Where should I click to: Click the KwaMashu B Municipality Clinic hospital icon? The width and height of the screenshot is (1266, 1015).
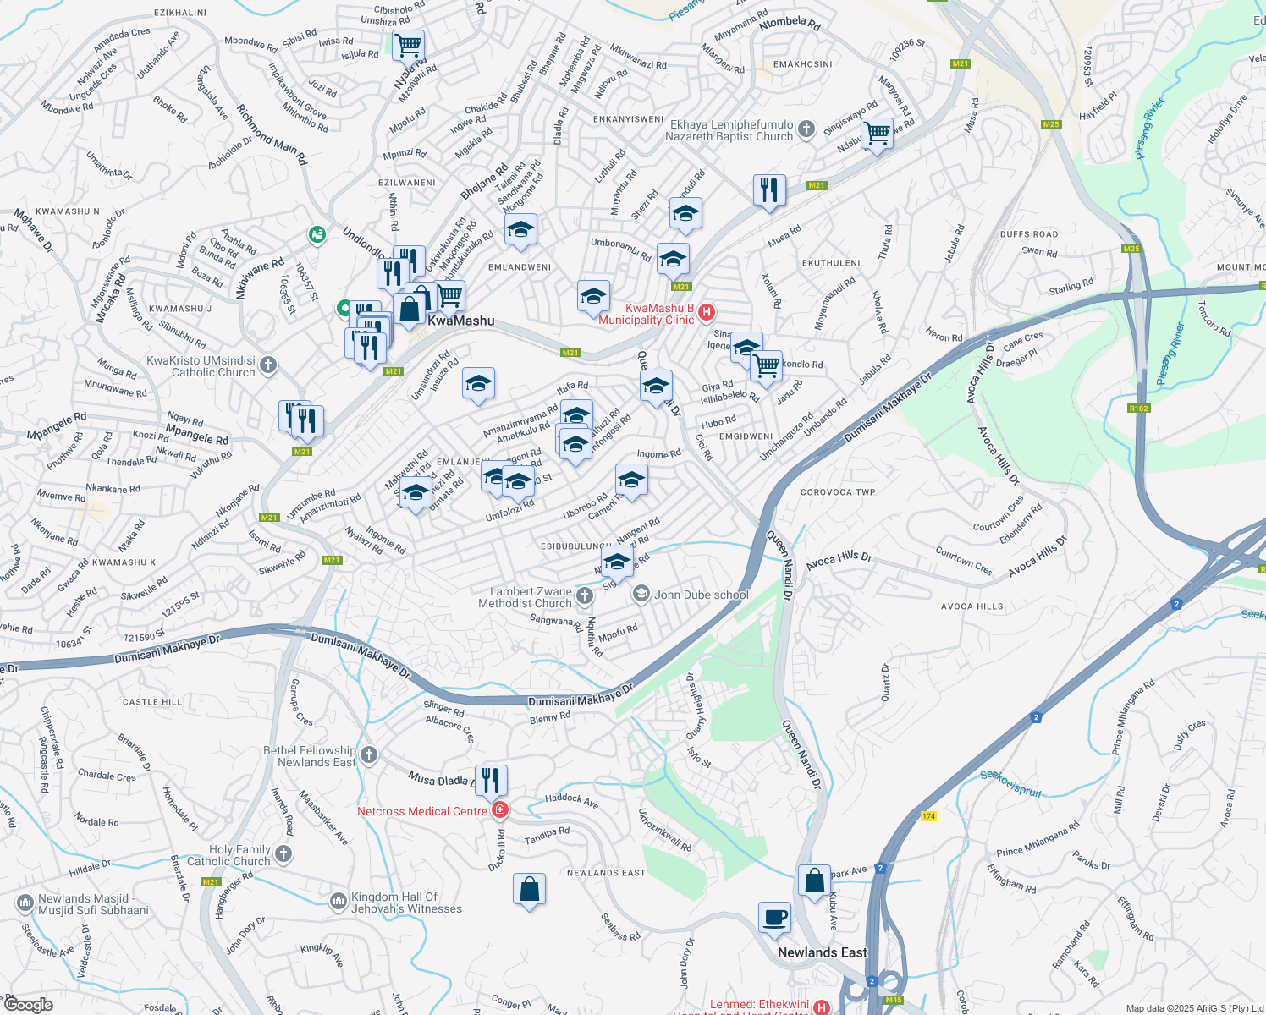point(707,314)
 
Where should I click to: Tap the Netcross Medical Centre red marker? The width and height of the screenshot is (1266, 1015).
point(500,811)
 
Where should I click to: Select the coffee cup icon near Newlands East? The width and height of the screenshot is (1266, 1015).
point(774,917)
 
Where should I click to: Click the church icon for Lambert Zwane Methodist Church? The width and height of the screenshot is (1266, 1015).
point(584,597)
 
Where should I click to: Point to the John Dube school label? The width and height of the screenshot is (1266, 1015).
point(701,595)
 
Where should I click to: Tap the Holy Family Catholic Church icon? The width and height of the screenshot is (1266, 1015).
point(283,854)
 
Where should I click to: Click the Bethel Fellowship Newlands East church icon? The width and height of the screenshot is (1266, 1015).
point(368,755)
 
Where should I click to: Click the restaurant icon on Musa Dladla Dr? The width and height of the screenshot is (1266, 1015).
point(491,780)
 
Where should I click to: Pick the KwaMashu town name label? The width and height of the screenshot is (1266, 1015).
point(460,321)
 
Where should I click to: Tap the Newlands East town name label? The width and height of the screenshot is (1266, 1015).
point(822,952)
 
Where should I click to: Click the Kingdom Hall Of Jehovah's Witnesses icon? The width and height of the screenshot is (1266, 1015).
point(339,902)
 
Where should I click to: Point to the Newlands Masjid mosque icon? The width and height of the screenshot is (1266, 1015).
point(25,903)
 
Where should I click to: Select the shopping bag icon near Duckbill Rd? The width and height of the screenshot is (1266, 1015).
point(529,889)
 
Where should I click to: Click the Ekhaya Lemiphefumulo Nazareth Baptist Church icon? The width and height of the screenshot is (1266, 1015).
point(806,129)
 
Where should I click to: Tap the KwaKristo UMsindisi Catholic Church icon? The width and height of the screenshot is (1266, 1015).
point(268,365)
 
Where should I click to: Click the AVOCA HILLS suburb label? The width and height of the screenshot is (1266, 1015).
point(972,606)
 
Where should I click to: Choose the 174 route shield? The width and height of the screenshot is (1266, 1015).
point(928,816)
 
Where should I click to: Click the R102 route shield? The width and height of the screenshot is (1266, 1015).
point(1138,409)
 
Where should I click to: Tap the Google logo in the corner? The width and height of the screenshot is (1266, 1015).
point(28,1005)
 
